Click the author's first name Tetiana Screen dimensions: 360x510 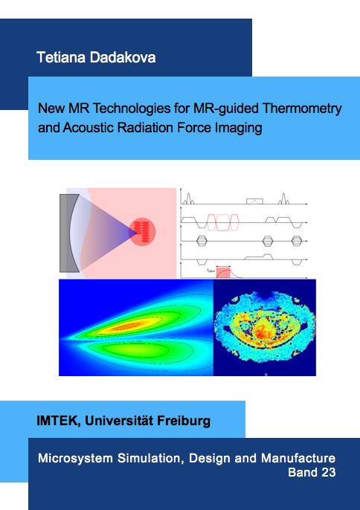62,57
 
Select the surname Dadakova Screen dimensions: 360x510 123,57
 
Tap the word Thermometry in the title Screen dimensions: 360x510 302,108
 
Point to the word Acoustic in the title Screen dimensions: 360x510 89,128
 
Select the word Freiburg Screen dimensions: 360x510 184,421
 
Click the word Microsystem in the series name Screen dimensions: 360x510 76,458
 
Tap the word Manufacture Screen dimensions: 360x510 298,458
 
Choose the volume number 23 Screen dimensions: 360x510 329,472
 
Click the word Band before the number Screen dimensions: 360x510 303,472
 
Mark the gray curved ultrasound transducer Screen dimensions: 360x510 68,233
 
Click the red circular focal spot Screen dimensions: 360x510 142,232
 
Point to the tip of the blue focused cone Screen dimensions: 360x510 137,232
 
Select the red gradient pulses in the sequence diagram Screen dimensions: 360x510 223,222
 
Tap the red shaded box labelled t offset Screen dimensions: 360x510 223,273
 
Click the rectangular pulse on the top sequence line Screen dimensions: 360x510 254,201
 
